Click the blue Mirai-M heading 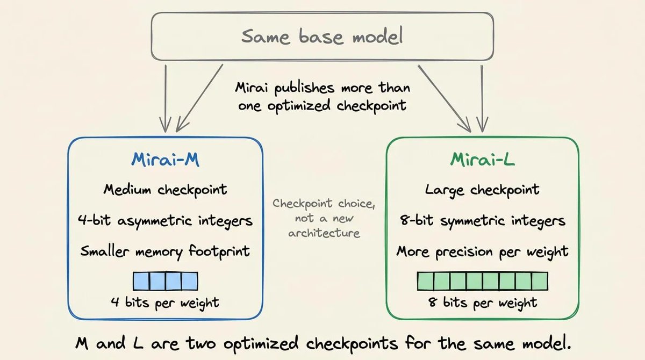click(x=166, y=160)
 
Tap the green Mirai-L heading click(x=483, y=160)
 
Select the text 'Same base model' click(x=322, y=36)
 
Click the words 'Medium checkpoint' click(x=166, y=190)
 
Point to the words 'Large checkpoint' click(x=482, y=190)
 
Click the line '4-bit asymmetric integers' click(x=166, y=221)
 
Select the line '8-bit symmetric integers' click(x=483, y=221)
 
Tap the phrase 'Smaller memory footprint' click(x=166, y=252)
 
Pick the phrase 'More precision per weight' click(x=483, y=252)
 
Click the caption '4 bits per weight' click(x=166, y=303)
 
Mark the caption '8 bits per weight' click(x=483, y=303)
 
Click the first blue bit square click(x=141, y=281)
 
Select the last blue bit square click(x=190, y=281)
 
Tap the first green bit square click(x=426, y=281)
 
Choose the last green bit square click(x=540, y=281)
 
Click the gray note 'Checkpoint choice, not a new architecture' click(x=324, y=218)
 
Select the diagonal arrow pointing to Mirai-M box click(x=199, y=98)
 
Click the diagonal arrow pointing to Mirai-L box click(x=445, y=98)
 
